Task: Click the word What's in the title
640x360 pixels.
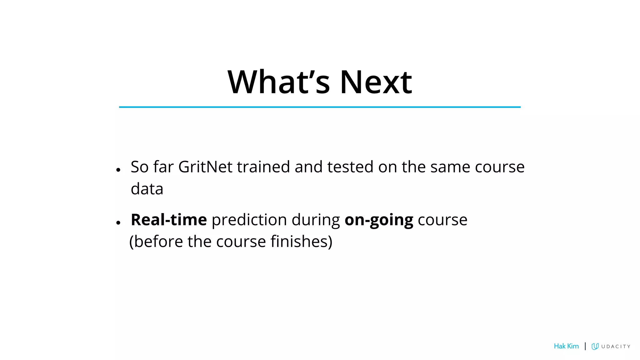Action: click(x=278, y=82)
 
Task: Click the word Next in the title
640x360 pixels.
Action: click(x=376, y=82)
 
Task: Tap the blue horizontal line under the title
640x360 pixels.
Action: click(x=320, y=107)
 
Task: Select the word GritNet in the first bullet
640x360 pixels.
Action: click(x=205, y=167)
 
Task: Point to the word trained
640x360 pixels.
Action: click(x=263, y=167)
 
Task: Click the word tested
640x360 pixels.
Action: click(x=350, y=167)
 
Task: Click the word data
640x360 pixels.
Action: click(x=147, y=189)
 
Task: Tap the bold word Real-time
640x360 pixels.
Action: click(x=169, y=220)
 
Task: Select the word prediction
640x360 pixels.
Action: click(x=249, y=220)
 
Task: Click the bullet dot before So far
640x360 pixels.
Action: click(x=118, y=170)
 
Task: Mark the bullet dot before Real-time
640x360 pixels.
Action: click(x=118, y=223)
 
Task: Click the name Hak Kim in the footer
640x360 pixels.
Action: click(x=566, y=346)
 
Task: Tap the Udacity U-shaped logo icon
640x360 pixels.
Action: click(x=595, y=346)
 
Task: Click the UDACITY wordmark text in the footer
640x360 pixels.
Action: click(x=616, y=347)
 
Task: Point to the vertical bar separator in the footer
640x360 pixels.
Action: click(x=585, y=346)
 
